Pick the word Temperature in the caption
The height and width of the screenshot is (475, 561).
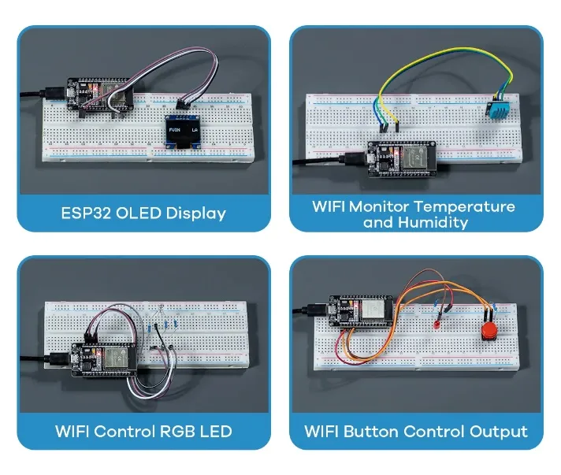point(466,206)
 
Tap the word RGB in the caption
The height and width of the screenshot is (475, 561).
point(178,431)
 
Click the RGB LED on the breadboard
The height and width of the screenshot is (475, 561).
point(160,311)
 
